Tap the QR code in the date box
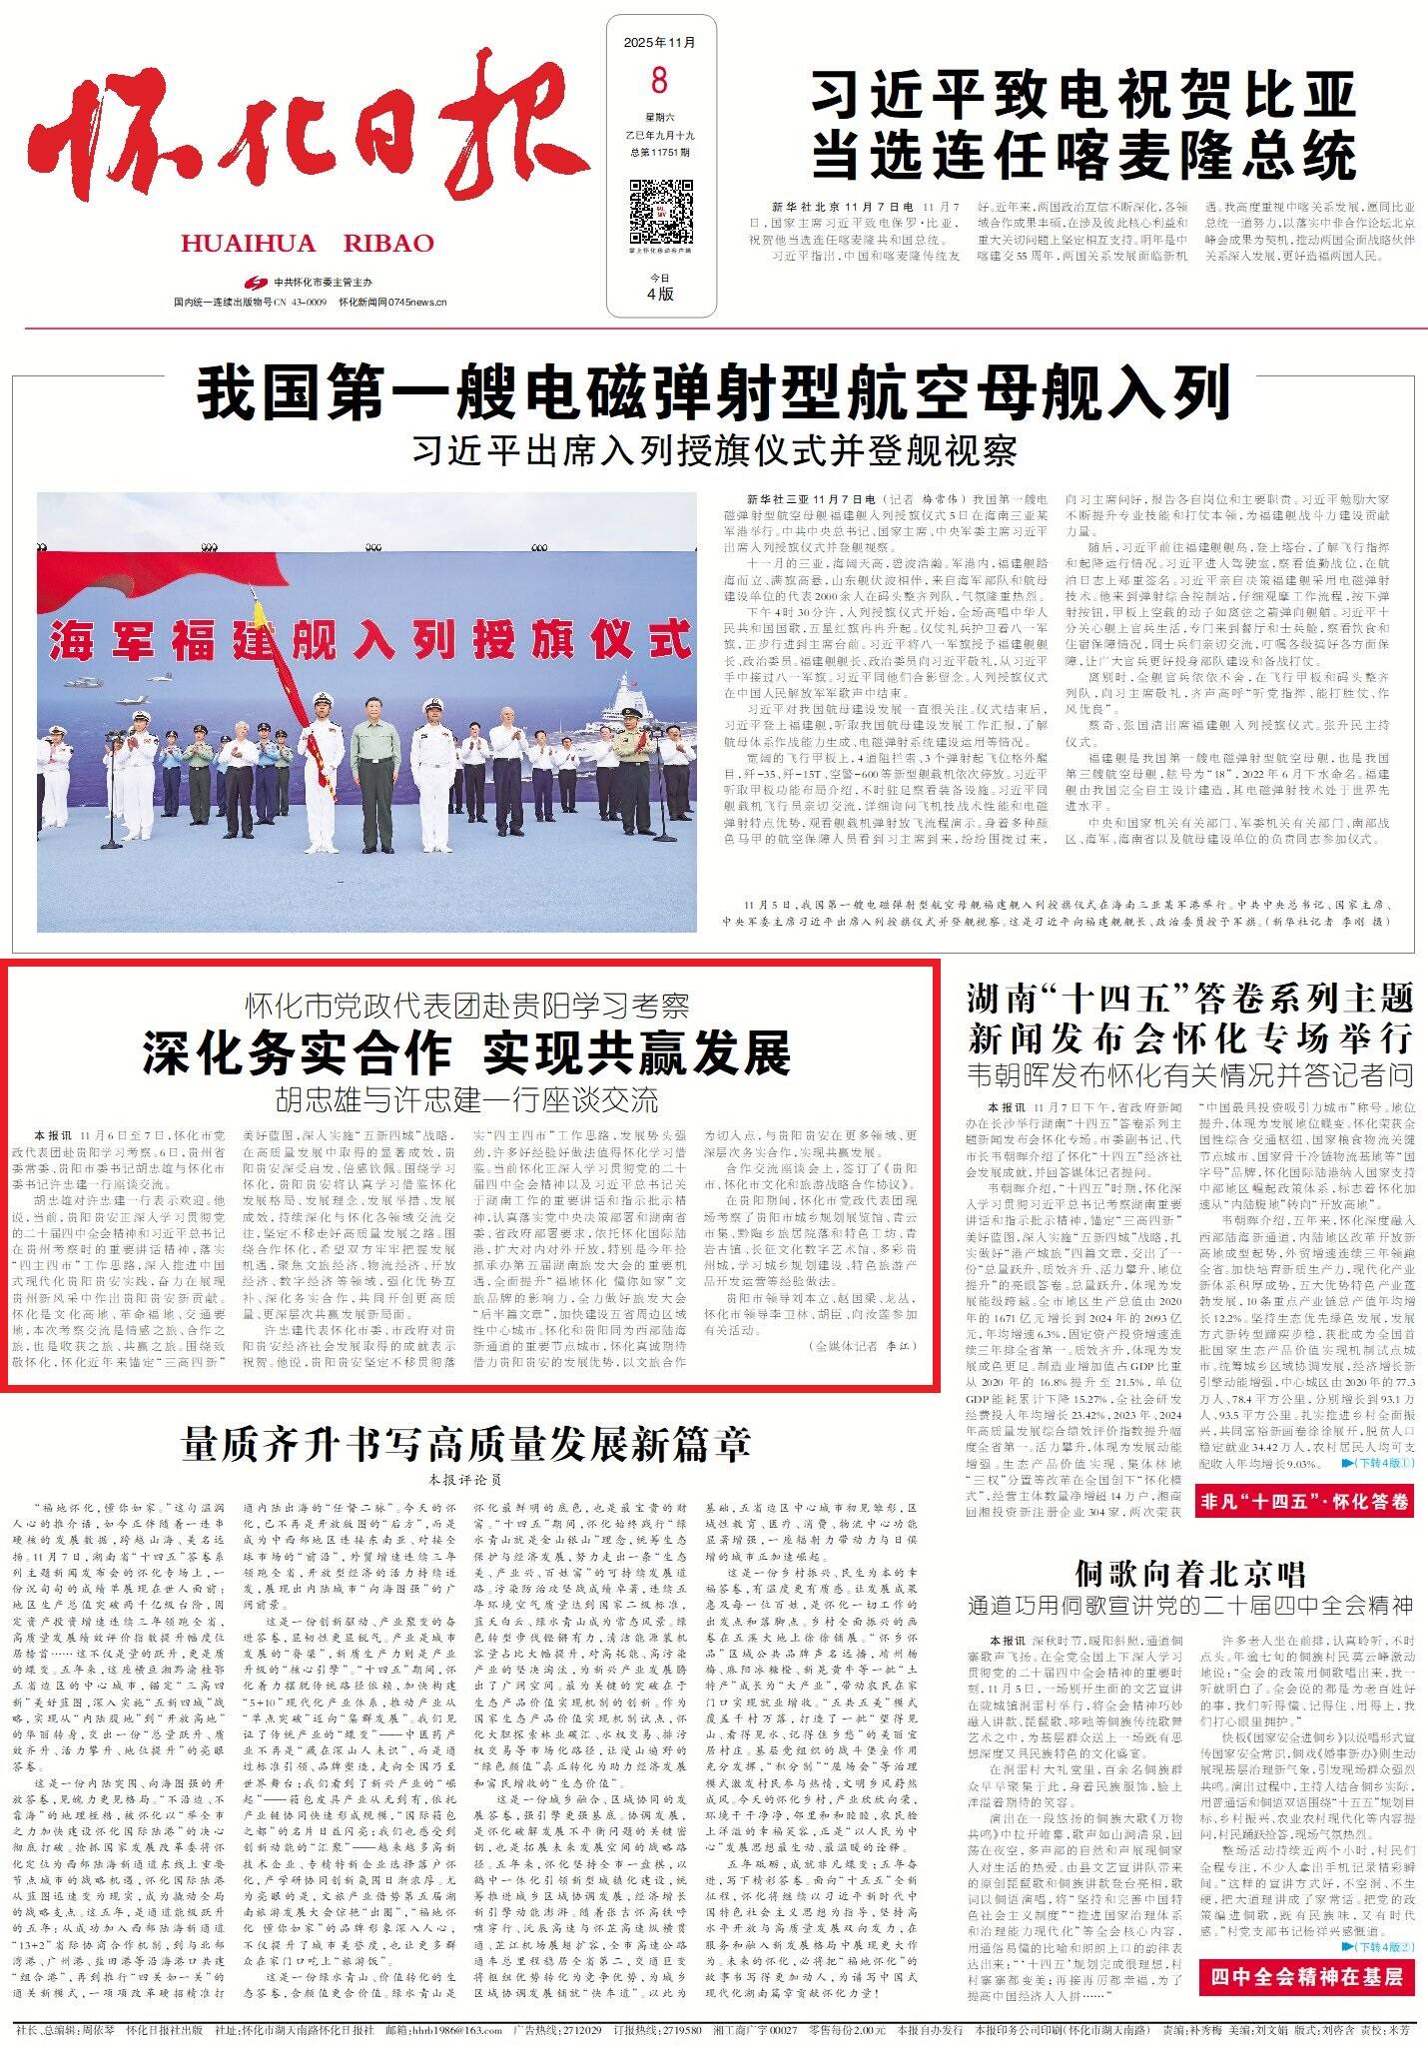pyautogui.click(x=660, y=212)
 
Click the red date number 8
pyautogui.click(x=659, y=78)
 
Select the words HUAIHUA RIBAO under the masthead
pyautogui.click(x=308, y=244)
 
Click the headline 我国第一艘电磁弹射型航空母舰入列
pyautogui.click(x=714, y=392)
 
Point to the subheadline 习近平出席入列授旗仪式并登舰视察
pyautogui.click(x=714, y=450)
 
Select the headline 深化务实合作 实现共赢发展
pyautogui.click(x=466, y=1052)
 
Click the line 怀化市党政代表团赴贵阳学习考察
pyautogui.click(x=467, y=1004)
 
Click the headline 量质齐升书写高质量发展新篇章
pyautogui.click(x=466, y=1443)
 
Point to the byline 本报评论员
pyautogui.click(x=465, y=1479)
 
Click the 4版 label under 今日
pyautogui.click(x=660, y=294)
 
